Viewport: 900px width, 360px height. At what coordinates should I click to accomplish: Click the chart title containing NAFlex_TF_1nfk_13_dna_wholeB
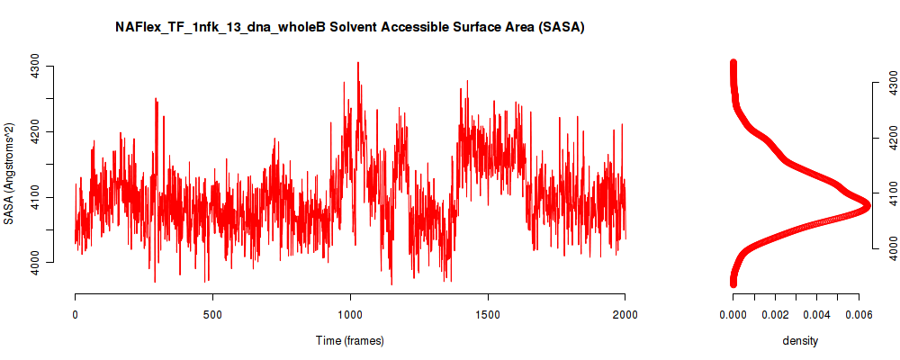(x=349, y=27)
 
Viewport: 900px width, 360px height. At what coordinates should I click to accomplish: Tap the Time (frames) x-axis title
(x=349, y=340)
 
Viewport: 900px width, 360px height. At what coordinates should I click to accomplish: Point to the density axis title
(x=800, y=340)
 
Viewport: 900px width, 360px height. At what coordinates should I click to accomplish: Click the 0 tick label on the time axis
(x=76, y=314)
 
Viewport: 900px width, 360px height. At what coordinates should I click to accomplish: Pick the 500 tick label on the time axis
(x=212, y=314)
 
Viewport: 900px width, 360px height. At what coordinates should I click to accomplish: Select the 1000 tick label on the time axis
(x=350, y=314)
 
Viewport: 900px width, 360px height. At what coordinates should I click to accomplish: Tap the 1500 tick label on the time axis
(x=488, y=314)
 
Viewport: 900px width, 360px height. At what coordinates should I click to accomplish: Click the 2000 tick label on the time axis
(x=625, y=314)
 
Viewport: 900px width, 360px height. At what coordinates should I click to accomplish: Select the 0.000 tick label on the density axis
(x=733, y=314)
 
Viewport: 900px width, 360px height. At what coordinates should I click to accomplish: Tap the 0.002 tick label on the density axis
(x=775, y=314)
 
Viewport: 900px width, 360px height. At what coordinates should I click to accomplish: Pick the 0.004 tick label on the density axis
(x=817, y=314)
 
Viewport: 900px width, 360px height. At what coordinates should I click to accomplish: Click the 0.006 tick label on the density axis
(x=859, y=314)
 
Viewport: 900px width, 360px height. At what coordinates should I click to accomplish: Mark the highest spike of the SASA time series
(x=358, y=63)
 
